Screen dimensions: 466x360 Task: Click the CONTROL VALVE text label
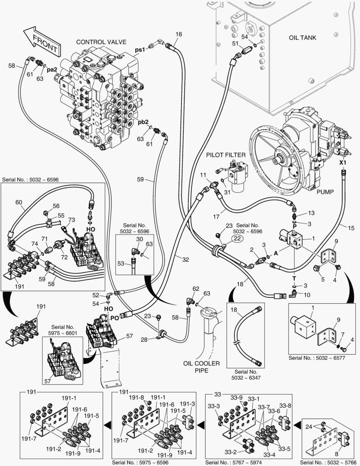(x=101, y=42)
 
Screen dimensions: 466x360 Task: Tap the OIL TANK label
(x=302, y=38)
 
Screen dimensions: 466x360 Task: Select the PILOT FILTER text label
(x=225, y=155)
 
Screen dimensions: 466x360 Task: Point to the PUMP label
(x=325, y=192)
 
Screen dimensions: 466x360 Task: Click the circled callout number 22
(x=237, y=239)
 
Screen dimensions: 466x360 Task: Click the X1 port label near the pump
(x=343, y=163)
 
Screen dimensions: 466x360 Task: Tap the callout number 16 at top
(x=179, y=34)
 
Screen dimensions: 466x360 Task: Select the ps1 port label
(x=140, y=50)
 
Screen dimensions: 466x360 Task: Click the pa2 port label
(x=52, y=69)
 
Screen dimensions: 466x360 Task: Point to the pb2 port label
(x=143, y=122)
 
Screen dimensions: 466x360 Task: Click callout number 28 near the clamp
(x=144, y=340)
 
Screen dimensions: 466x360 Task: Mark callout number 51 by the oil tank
(x=235, y=44)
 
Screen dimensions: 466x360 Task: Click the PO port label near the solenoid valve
(x=114, y=318)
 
